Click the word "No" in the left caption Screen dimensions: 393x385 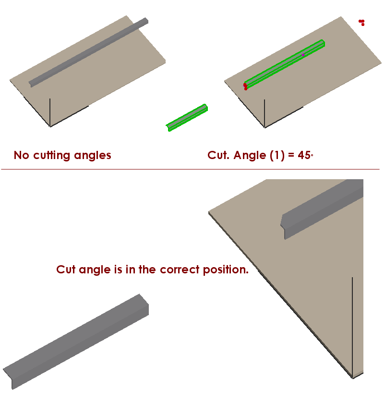22,155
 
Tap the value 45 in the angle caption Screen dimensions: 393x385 304,155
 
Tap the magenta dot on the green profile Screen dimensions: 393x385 303,55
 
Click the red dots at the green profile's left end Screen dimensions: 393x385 245,86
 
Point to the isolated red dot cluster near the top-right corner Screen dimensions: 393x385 361,22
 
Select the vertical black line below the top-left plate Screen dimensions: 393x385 50,112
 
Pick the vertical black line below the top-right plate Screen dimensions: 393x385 265,113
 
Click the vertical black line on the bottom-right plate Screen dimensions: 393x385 352,327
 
